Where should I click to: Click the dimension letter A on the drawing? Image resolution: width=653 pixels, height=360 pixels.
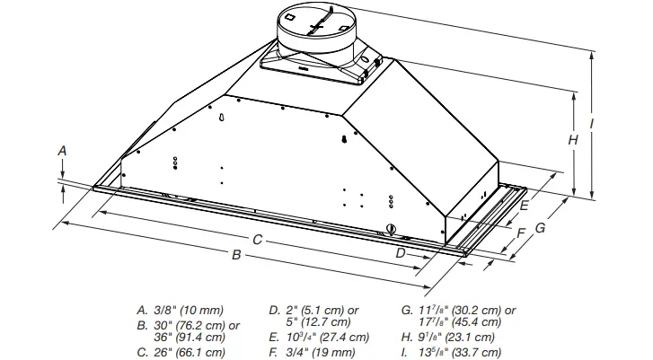pos(62,152)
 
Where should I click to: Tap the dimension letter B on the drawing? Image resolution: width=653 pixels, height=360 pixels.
pos(236,255)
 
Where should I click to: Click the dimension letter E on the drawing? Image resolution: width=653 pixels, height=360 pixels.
pos(523,206)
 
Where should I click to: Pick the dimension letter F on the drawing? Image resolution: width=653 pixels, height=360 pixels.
pos(520,233)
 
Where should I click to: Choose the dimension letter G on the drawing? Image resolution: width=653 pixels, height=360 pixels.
pos(540,228)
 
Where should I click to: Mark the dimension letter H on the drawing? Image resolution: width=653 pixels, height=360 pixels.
pos(572,140)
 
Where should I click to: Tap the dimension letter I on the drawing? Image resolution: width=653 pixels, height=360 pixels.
pos(592,122)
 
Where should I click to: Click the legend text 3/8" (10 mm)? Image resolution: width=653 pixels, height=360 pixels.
pos(188,310)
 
